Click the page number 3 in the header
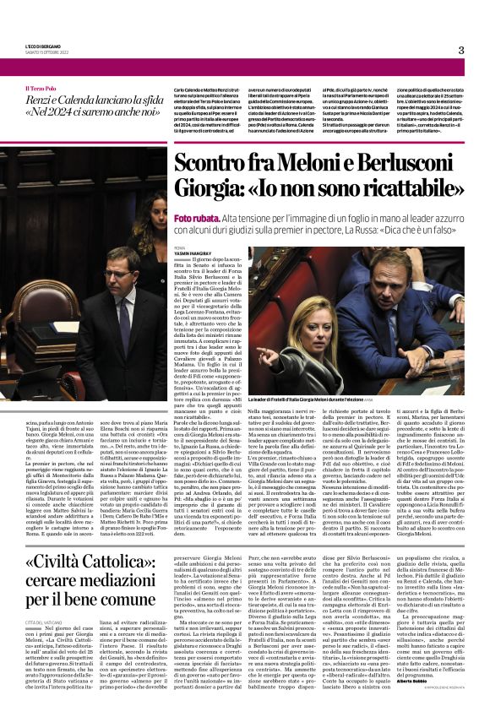point(461,50)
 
